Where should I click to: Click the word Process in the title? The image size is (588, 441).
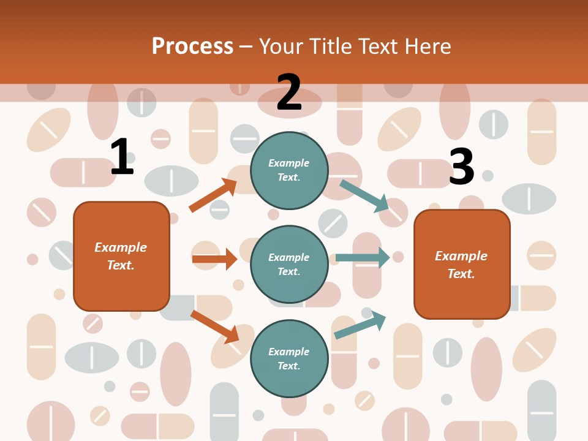pyautogui.click(x=192, y=47)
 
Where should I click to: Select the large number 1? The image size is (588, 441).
pyautogui.click(x=121, y=157)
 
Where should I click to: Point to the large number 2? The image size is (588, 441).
pyautogui.click(x=289, y=92)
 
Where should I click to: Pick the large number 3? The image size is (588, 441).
pyautogui.click(x=461, y=167)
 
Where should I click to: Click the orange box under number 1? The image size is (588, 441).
pyautogui.click(x=121, y=256)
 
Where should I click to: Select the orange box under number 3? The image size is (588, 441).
pyautogui.click(x=462, y=265)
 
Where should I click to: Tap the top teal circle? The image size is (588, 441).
pyautogui.click(x=289, y=170)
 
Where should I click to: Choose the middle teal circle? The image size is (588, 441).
pyautogui.click(x=289, y=264)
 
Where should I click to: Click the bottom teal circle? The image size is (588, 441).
pyautogui.click(x=289, y=358)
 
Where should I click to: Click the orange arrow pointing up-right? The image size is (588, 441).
pyautogui.click(x=213, y=195)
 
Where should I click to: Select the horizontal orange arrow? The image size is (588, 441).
pyautogui.click(x=214, y=259)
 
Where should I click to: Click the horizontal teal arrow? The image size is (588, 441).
pyautogui.click(x=363, y=258)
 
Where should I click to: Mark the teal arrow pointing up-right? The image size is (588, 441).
pyautogui.click(x=360, y=324)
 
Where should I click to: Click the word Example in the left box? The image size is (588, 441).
pyautogui.click(x=121, y=247)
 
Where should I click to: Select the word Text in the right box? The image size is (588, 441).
pyautogui.click(x=461, y=274)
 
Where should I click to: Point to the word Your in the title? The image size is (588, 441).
pyautogui.click(x=282, y=47)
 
